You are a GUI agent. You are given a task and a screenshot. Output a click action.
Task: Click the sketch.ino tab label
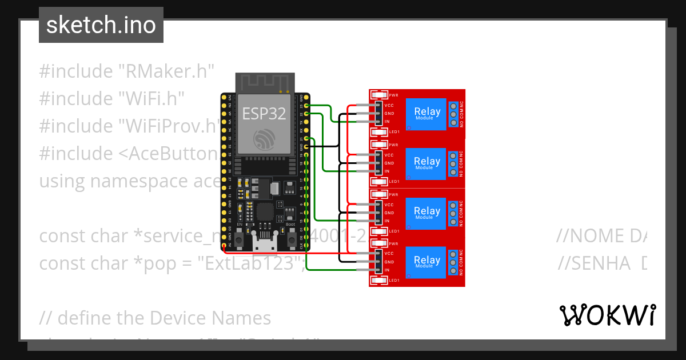[x=101, y=25]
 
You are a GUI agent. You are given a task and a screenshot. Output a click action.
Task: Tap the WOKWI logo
[x=607, y=315]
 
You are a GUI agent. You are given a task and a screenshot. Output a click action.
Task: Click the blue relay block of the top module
[x=427, y=114]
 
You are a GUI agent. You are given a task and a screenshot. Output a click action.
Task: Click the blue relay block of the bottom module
[x=427, y=262]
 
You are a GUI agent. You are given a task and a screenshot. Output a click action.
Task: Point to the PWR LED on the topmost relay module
[x=379, y=95]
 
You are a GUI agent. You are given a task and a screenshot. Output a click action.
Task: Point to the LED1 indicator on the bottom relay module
[x=379, y=281]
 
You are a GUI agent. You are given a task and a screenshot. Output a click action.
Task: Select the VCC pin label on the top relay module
[x=389, y=106]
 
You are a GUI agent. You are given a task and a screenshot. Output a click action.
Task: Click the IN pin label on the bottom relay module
[x=387, y=270]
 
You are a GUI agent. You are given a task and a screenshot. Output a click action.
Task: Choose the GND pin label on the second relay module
[x=389, y=163]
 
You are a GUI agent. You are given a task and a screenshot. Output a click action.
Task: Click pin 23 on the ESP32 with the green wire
[x=307, y=106]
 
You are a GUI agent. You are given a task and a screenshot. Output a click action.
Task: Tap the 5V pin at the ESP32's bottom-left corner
[x=224, y=246]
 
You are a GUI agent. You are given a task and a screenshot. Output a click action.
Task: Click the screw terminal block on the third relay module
[x=453, y=213]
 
